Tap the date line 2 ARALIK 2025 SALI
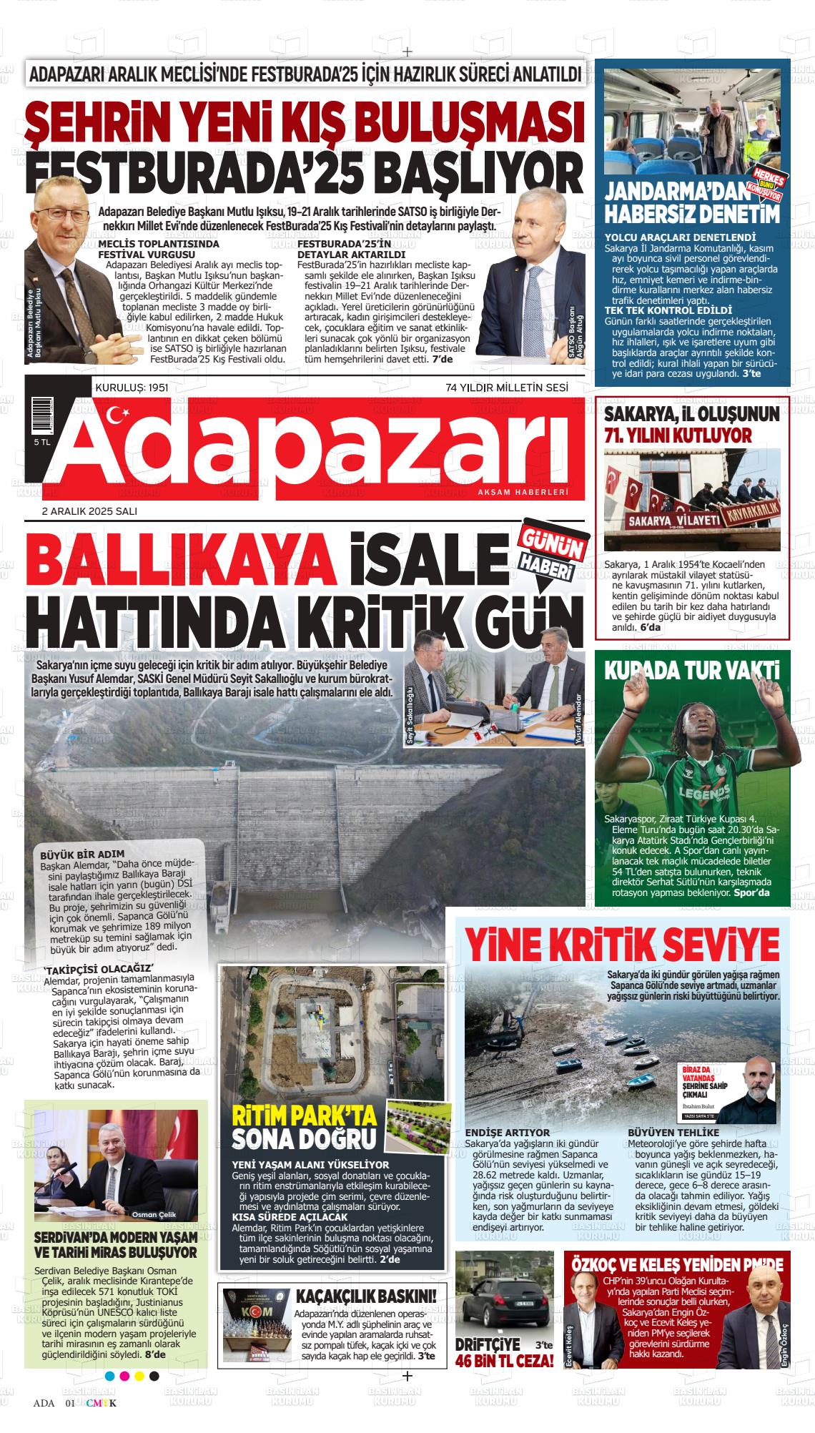(x=89, y=511)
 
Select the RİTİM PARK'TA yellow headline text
(x=306, y=1116)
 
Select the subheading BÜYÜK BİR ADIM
(x=83, y=854)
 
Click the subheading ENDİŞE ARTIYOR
(x=508, y=1133)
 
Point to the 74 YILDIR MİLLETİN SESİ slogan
(x=506, y=387)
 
